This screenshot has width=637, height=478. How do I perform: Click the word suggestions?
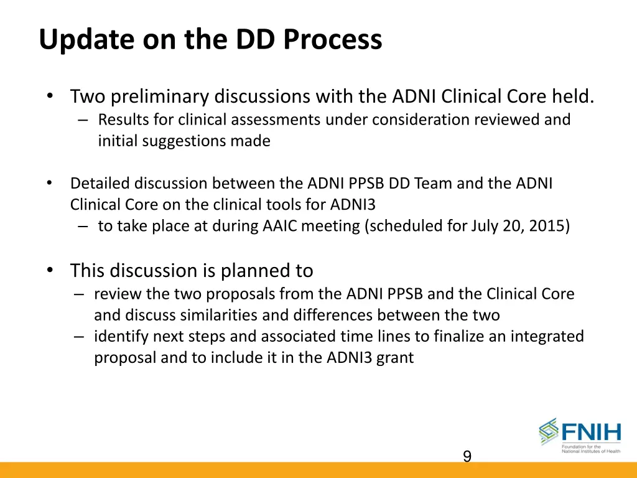point(185,141)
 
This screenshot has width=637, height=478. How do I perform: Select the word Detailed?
point(100,184)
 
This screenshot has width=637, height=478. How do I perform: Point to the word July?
point(493,227)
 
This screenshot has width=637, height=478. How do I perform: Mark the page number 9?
point(467,457)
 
